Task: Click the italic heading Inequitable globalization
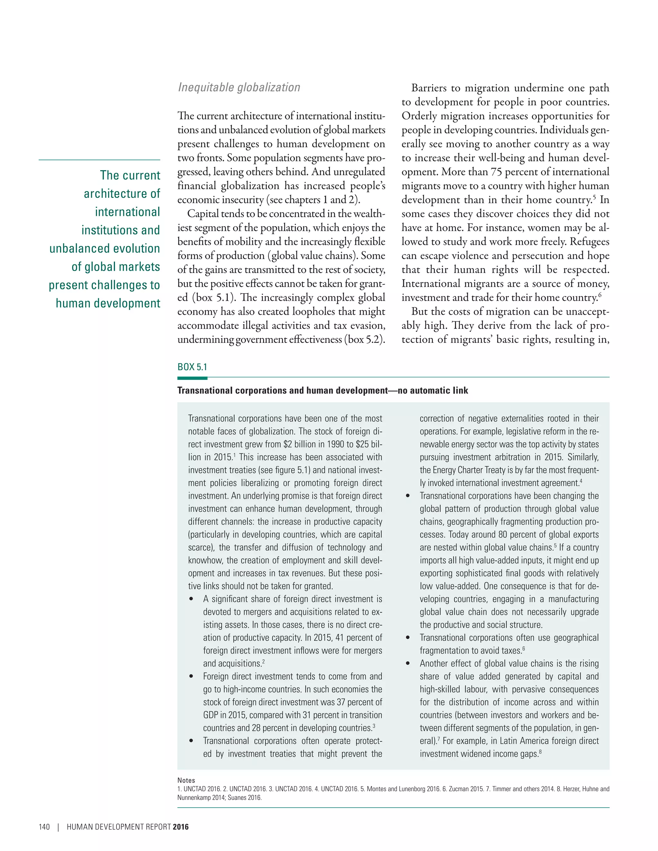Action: point(239,87)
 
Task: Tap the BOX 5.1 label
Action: point(192,367)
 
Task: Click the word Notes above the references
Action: point(186,780)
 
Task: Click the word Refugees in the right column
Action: point(589,241)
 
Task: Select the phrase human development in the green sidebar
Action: point(108,303)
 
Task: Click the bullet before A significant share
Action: point(191,599)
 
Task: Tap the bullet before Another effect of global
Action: point(408,663)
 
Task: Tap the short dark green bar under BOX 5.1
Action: point(192,378)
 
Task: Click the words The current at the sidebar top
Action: point(130,175)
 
